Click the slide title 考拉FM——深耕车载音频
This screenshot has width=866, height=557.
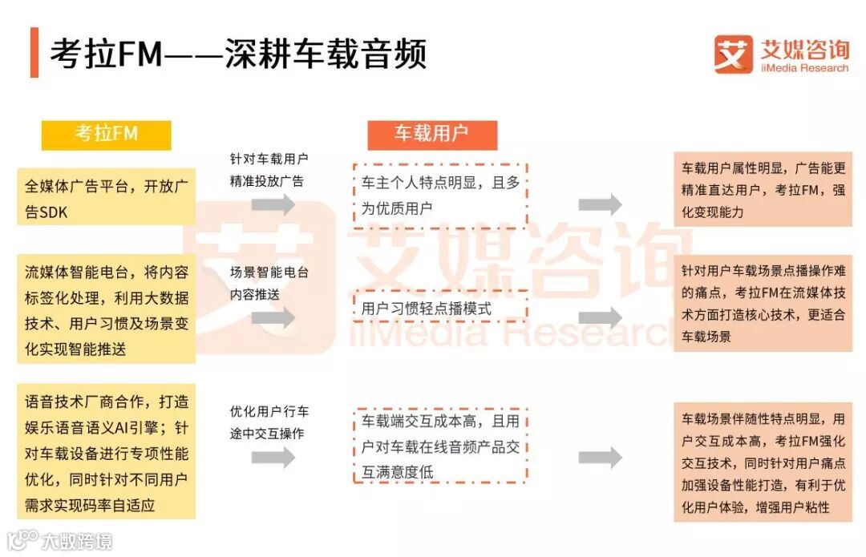[x=238, y=54]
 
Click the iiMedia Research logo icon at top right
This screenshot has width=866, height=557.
[x=733, y=54]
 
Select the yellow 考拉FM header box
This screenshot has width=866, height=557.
[x=107, y=134]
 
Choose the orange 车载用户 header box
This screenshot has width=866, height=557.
[x=431, y=134]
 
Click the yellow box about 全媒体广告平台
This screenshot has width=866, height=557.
[x=107, y=196]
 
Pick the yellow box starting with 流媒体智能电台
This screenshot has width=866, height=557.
[x=107, y=309]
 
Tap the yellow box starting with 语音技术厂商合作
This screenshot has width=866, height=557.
[x=107, y=451]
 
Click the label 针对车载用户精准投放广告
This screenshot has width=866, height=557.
[x=269, y=169]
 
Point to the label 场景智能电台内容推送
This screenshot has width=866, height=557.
[x=269, y=283]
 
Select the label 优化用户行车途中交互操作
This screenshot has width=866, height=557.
[x=269, y=422]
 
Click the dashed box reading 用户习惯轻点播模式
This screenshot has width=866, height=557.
[x=439, y=307]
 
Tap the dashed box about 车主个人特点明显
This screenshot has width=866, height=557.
[x=439, y=195]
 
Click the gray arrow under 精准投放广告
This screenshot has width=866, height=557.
[x=273, y=204]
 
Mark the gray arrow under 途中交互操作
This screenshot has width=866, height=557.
[x=273, y=458]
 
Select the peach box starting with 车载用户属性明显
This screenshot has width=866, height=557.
[x=763, y=190]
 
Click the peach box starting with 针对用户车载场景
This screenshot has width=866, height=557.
[x=763, y=303]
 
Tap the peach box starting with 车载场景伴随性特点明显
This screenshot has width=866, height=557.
[x=763, y=462]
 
